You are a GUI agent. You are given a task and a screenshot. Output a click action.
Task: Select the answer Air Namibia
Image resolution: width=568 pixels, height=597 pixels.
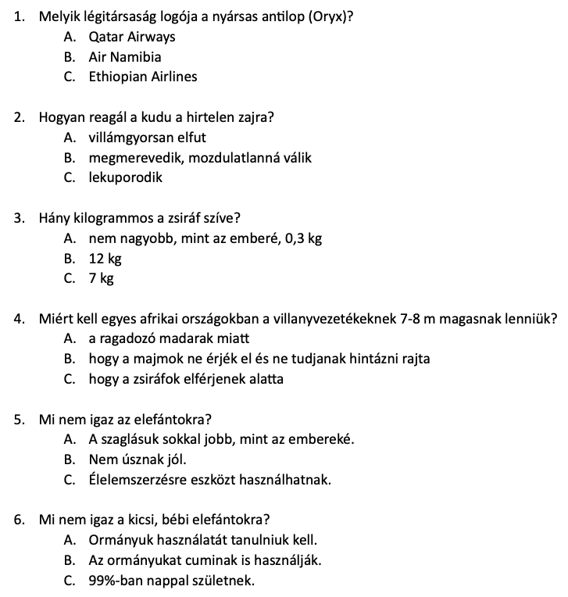125,57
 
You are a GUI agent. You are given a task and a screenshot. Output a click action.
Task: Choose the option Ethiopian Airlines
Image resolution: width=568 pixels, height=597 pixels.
143,77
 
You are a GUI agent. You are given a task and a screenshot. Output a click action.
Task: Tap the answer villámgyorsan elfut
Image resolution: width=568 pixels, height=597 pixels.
148,138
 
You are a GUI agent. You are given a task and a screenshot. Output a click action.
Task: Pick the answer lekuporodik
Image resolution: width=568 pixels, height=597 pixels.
126,177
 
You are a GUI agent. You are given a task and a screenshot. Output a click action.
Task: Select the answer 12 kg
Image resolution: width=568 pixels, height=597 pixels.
105,258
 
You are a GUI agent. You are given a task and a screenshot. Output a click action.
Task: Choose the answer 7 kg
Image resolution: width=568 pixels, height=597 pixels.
102,278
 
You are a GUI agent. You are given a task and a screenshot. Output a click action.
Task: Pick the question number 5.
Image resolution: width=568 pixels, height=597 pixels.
19,420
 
